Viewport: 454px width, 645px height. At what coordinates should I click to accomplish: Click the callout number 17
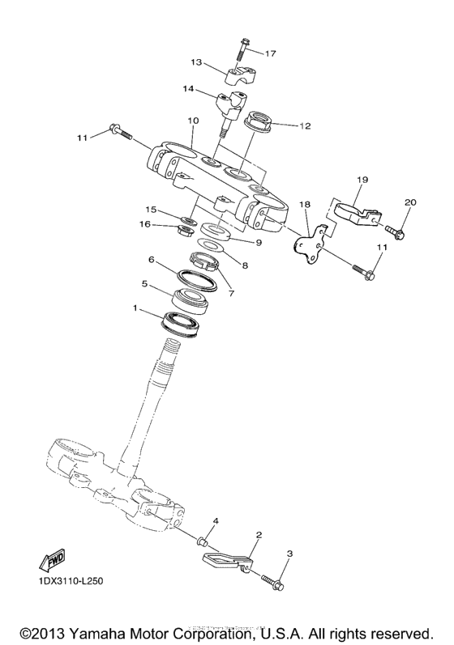(270, 53)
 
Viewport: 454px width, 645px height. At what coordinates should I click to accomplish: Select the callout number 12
(305, 125)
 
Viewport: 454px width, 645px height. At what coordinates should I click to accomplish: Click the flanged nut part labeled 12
(259, 123)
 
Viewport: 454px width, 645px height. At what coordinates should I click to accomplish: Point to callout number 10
(192, 121)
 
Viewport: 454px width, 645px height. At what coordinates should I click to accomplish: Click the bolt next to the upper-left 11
(120, 131)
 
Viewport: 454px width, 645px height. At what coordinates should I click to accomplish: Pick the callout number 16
(145, 224)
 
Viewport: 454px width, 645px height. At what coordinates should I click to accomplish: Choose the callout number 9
(259, 241)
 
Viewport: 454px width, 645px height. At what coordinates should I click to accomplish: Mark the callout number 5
(145, 284)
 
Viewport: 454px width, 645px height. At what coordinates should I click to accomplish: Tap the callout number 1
(136, 308)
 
